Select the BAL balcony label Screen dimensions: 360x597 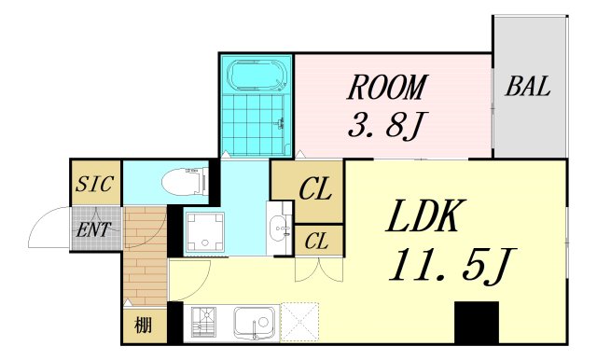coord(528,89)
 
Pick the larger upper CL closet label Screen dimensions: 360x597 coord(315,191)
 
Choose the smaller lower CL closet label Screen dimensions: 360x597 coord(316,241)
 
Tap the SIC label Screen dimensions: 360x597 coord(95,184)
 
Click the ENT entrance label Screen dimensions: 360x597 coord(95,229)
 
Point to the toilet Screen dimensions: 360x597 coord(181,182)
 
